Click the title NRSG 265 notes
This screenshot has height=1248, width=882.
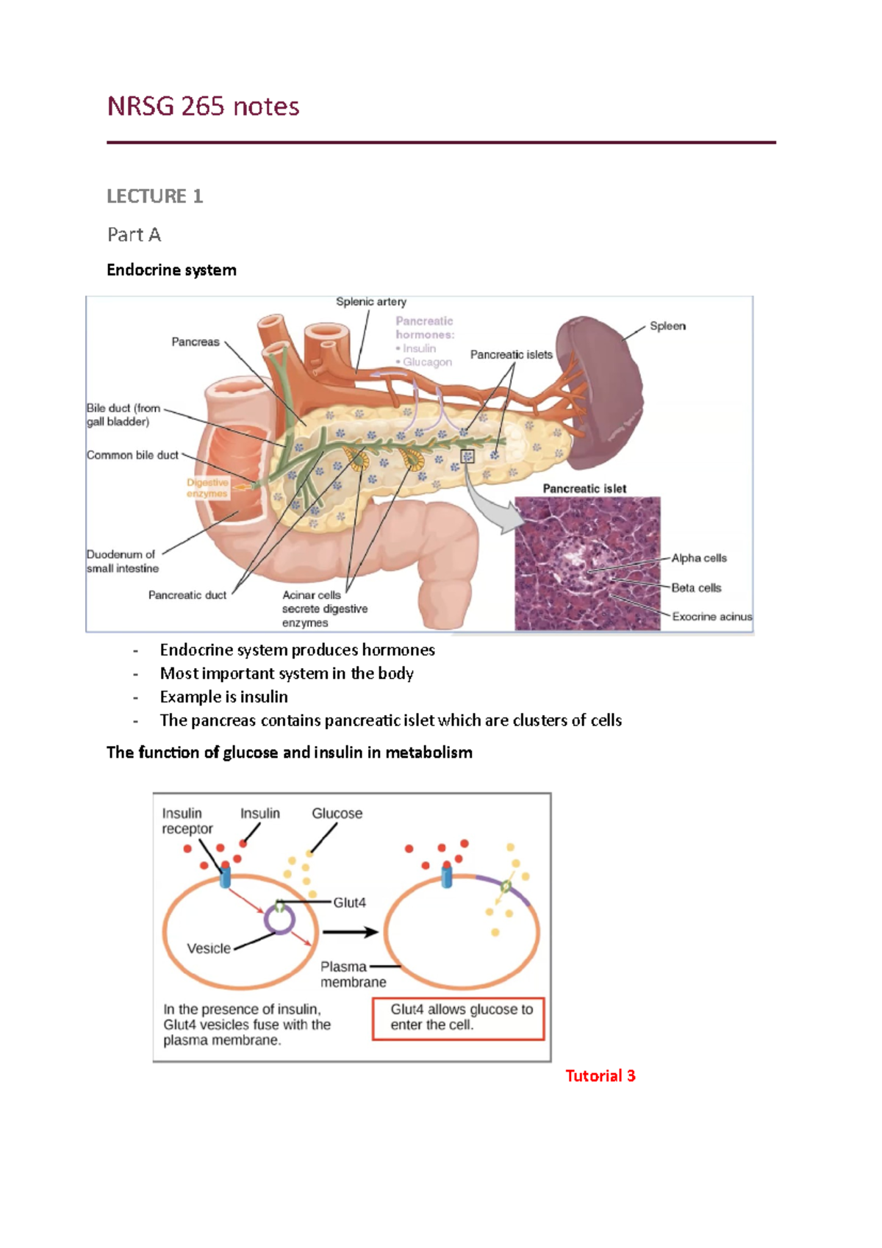203,106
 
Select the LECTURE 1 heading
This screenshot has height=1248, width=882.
155,196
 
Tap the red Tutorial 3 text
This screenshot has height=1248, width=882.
600,1075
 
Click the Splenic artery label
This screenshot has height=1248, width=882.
371,301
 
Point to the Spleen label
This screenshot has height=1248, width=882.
667,326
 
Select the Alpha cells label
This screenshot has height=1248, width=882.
699,558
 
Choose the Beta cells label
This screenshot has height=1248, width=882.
696,588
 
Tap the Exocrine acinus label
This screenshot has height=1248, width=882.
711,616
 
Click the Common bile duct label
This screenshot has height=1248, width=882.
132,455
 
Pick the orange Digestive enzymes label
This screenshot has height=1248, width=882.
207,488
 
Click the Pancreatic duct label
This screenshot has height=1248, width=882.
187,595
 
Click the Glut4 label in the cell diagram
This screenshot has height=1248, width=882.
349,903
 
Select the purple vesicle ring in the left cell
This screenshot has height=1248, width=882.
279,919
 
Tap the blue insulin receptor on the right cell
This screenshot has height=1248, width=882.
446,875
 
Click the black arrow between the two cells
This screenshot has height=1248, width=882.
351,931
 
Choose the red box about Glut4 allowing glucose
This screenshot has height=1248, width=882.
459,1019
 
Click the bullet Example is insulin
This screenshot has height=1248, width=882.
224,697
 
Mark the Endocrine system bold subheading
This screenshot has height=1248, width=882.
171,270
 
